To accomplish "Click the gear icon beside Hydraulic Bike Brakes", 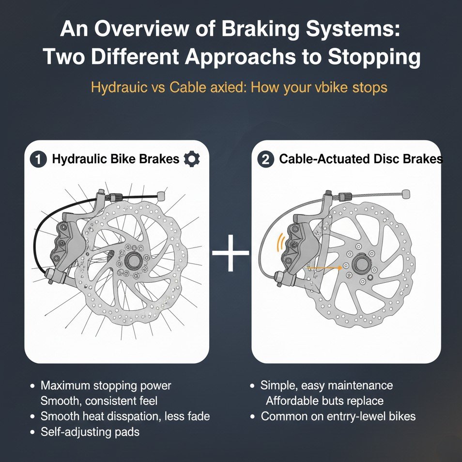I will (192, 159).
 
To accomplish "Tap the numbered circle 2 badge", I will (265, 159).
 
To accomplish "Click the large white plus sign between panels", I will (231, 253).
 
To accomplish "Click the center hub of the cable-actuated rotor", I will (361, 264).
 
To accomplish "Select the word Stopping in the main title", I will (373, 57).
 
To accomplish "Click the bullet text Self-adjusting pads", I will (90, 431).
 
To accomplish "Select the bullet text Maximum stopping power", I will (106, 385).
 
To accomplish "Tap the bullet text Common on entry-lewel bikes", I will (338, 416).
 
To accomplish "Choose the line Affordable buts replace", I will (324, 401).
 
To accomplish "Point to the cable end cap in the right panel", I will (405, 194).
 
